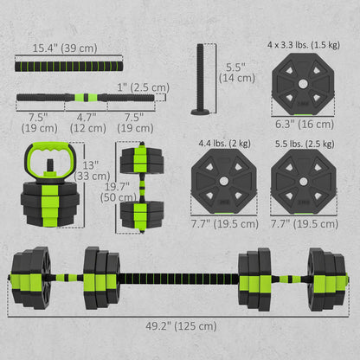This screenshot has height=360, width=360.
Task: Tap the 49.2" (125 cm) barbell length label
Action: pos(180,325)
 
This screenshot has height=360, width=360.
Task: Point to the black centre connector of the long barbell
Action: pos(180,279)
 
